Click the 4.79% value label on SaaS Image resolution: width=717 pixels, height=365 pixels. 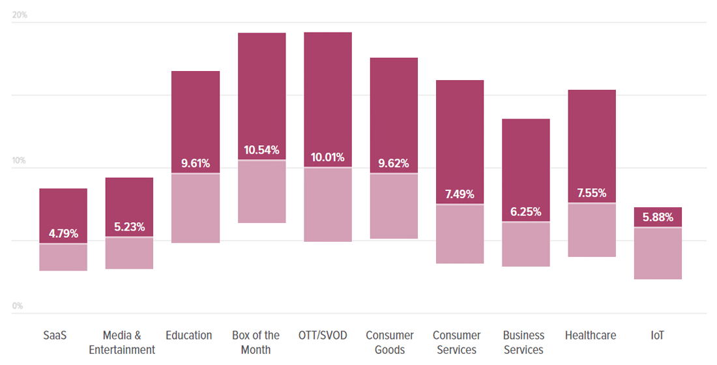(x=63, y=233)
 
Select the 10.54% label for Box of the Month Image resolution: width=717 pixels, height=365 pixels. (x=262, y=150)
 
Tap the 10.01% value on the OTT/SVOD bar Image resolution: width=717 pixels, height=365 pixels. (x=328, y=157)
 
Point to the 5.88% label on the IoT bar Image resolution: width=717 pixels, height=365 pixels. (x=658, y=217)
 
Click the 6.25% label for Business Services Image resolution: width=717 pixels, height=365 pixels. (x=525, y=212)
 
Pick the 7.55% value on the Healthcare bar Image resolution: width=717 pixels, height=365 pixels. (x=592, y=193)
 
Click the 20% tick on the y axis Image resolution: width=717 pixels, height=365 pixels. (x=20, y=15)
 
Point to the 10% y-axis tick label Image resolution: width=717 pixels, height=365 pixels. (x=20, y=160)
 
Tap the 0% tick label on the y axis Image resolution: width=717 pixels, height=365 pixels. (x=18, y=306)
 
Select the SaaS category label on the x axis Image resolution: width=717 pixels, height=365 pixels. (x=55, y=336)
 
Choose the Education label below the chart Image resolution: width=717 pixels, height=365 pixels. (x=189, y=336)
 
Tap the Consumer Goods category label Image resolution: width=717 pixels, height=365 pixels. (x=390, y=343)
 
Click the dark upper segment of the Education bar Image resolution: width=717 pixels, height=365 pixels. (x=196, y=111)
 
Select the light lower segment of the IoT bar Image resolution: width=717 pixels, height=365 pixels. (x=658, y=254)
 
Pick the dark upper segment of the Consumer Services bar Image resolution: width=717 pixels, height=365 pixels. (x=460, y=130)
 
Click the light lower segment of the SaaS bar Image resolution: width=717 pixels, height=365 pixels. (x=63, y=257)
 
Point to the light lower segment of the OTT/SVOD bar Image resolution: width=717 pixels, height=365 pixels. (x=328, y=205)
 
